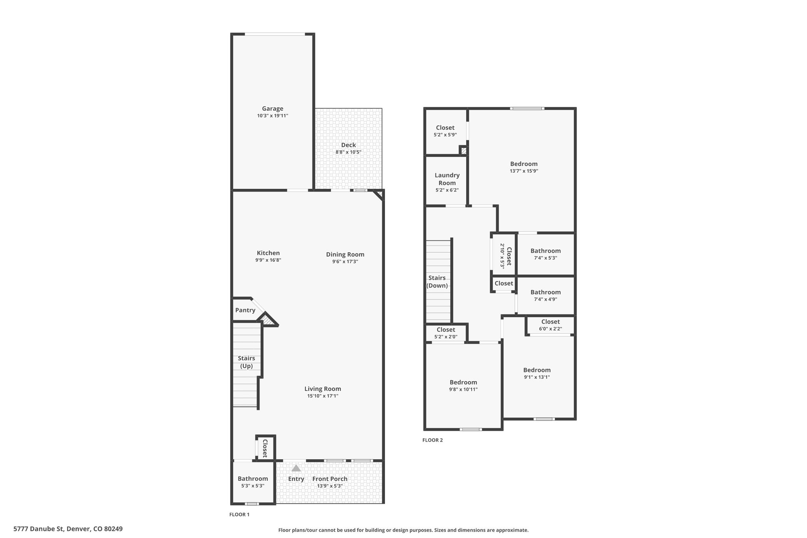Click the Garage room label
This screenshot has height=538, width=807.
(x=273, y=108)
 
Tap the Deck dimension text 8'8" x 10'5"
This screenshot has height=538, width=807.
(x=348, y=152)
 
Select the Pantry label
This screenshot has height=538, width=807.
(x=245, y=310)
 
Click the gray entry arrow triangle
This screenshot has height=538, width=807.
(x=296, y=468)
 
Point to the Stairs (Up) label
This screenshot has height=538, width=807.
(x=247, y=362)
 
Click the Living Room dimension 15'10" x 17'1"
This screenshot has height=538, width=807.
(x=323, y=396)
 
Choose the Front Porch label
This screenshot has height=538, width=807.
(x=330, y=479)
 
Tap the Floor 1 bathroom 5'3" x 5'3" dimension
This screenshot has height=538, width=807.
(x=253, y=486)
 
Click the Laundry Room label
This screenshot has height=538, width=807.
(x=447, y=179)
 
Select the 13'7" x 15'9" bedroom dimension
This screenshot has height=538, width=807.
(x=524, y=171)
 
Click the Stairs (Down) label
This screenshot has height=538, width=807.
(x=437, y=282)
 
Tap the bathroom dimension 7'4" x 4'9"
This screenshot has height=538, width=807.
(x=545, y=299)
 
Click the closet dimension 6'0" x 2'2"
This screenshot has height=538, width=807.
(x=550, y=329)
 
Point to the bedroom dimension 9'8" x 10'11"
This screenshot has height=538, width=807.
(x=463, y=389)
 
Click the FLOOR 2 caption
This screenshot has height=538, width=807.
(x=433, y=440)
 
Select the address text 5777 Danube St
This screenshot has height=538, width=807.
(x=39, y=529)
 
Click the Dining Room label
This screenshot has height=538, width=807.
(x=345, y=254)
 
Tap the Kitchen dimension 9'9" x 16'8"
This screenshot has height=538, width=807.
(x=268, y=260)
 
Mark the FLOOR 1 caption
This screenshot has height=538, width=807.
(x=240, y=514)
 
